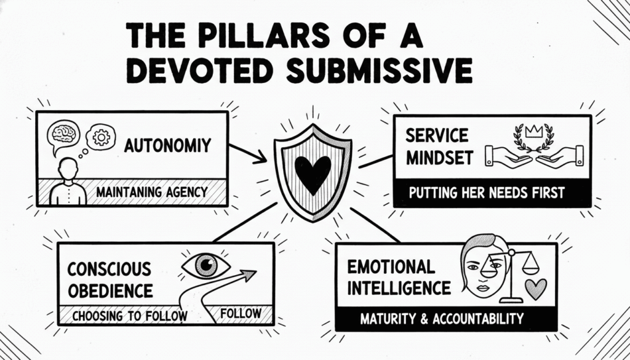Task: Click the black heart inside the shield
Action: coord(313,172)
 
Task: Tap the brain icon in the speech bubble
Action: coord(64,134)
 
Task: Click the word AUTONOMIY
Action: coord(167,146)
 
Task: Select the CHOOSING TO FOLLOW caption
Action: coord(129,316)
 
